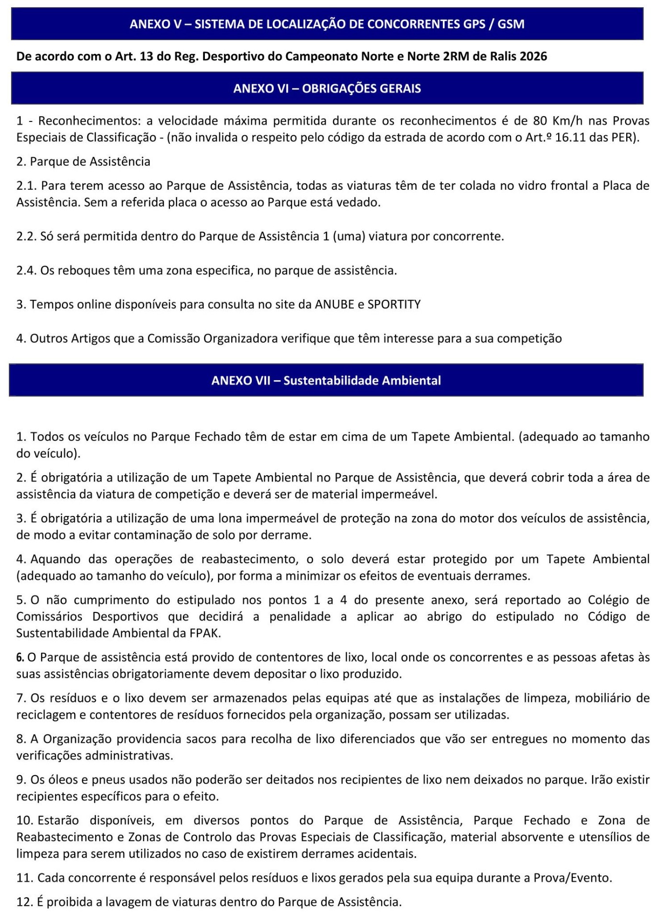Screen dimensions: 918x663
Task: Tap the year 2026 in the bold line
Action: point(533,56)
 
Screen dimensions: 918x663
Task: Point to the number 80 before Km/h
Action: point(540,120)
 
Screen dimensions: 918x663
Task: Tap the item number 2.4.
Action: point(26,271)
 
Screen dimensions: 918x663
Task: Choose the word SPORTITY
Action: point(394,305)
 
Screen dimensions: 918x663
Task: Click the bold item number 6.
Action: point(20,657)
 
